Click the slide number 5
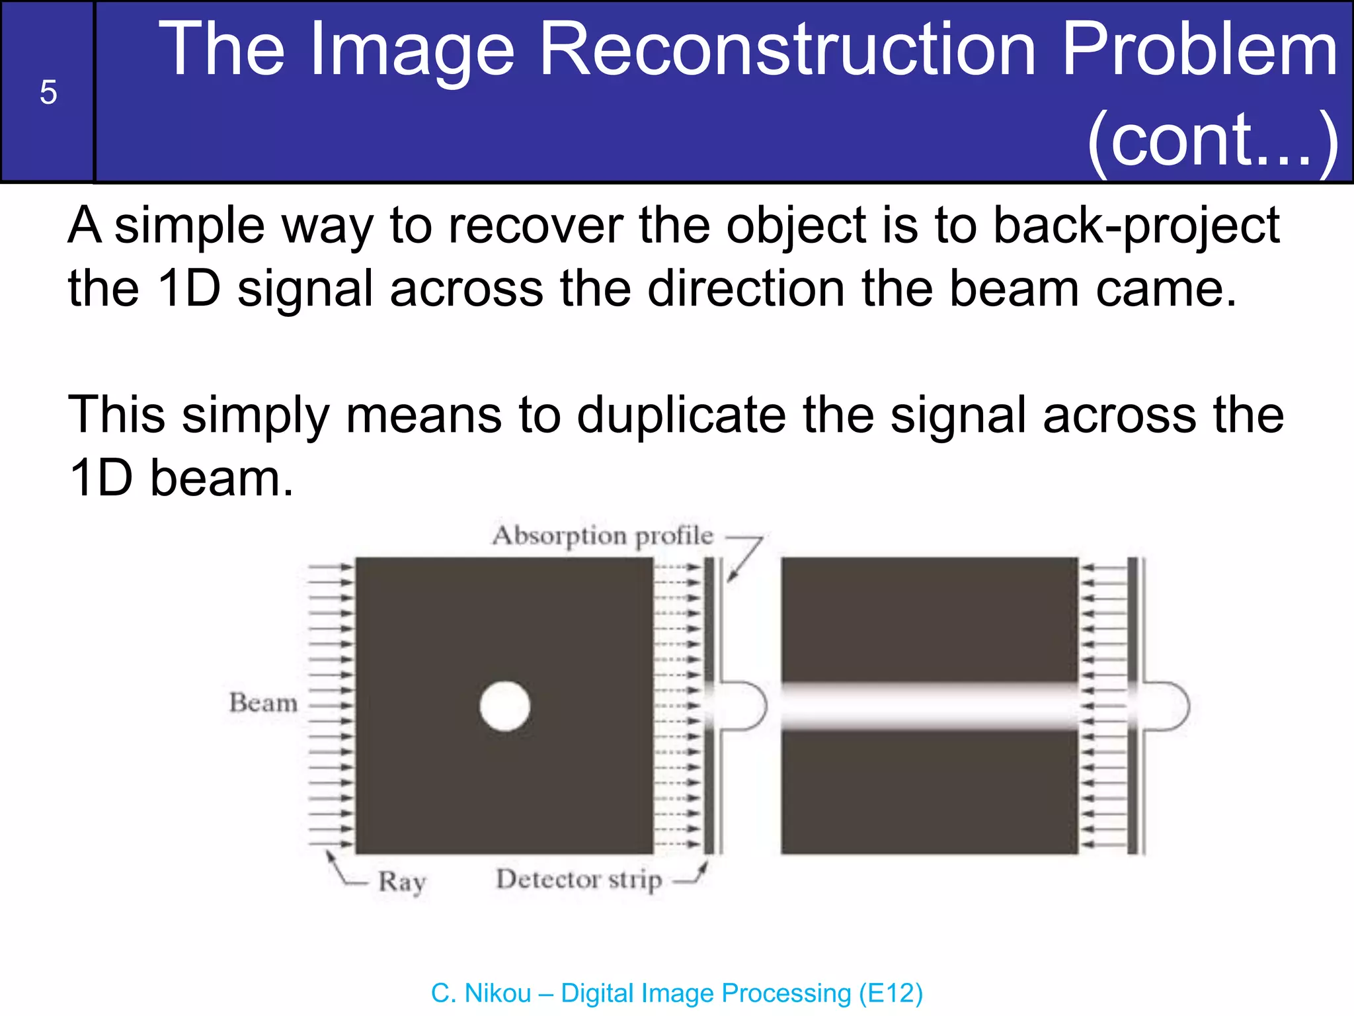click(x=48, y=92)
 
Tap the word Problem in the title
click(x=1199, y=50)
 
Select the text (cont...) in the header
click(x=1213, y=140)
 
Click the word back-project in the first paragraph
click(x=1136, y=227)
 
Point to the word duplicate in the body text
click(x=682, y=415)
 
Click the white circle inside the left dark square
click(x=505, y=706)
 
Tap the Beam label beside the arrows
click(x=263, y=702)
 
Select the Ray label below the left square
click(x=402, y=882)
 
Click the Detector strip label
click(x=578, y=880)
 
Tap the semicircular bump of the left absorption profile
click(x=750, y=706)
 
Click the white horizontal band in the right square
click(x=929, y=706)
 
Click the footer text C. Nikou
click(x=481, y=993)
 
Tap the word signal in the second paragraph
click(x=958, y=415)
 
